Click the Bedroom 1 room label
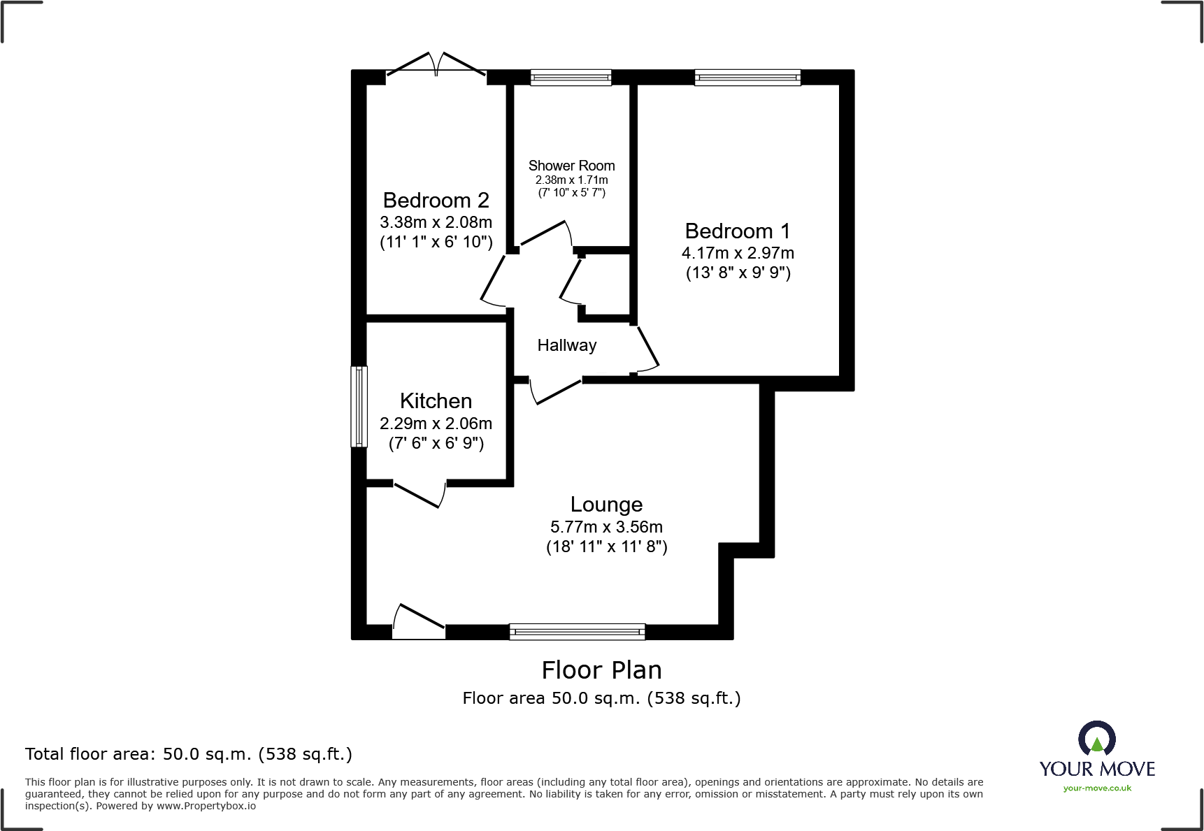click(x=738, y=231)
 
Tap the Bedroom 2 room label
click(x=436, y=201)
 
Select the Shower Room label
click(x=571, y=166)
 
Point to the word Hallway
click(x=566, y=345)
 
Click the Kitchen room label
click(x=436, y=401)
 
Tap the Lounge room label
click(x=606, y=505)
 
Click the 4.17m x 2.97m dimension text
click(x=738, y=253)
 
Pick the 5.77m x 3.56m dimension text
click(x=606, y=527)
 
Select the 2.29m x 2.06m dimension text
click(x=436, y=424)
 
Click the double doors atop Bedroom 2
click(x=436, y=66)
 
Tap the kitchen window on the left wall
click(x=359, y=406)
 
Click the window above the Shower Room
click(x=571, y=77)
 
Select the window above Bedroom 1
click(x=747, y=77)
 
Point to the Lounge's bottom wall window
click(x=577, y=632)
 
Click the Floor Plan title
click(x=601, y=670)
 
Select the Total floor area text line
click(x=189, y=754)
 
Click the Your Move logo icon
click(x=1096, y=738)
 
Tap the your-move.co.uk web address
click(x=1097, y=788)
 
